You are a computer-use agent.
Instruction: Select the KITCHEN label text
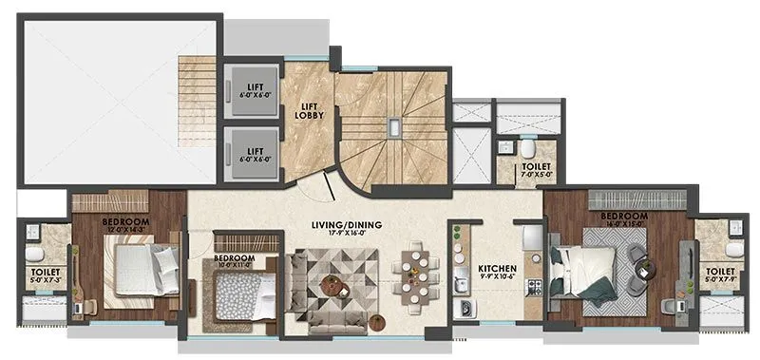(496, 269)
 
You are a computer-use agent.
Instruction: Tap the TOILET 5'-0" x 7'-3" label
(44, 276)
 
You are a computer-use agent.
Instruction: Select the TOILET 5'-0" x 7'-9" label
(720, 276)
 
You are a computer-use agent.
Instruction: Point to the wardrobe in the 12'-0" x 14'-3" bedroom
(126, 202)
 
